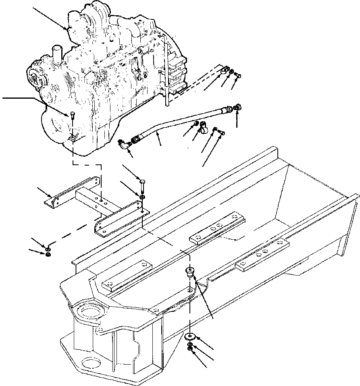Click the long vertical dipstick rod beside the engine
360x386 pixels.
tap(166, 68)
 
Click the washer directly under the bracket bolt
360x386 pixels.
tap(142, 197)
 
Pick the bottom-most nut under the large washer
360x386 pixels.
tap(190, 350)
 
